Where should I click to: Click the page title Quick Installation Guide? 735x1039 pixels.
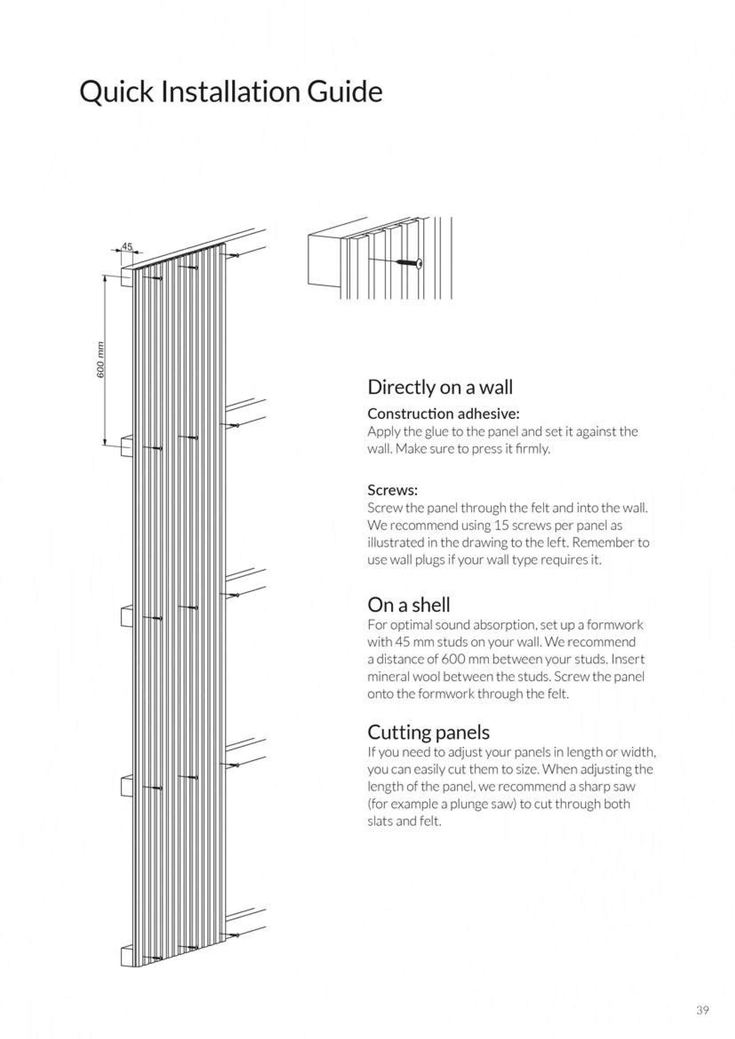231,91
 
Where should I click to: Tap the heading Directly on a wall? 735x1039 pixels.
440,387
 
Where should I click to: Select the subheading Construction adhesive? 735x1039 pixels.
443,414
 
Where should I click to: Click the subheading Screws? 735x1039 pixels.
393,490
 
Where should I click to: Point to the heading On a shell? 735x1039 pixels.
409,605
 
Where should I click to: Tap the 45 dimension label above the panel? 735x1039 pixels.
127,247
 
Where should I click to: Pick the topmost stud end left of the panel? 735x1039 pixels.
127,276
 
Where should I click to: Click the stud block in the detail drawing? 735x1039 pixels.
323,259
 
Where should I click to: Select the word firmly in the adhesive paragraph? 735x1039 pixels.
536,449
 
